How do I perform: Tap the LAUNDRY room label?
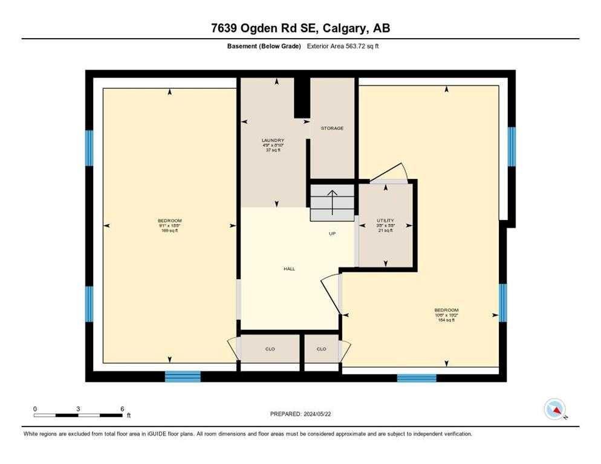point(273,140)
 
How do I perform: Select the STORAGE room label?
point(332,128)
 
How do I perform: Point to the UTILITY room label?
point(385,221)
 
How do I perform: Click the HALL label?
point(290,268)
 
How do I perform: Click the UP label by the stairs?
point(332,234)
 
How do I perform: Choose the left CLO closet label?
point(270,349)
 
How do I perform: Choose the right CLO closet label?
point(321,349)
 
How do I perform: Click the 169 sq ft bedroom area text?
point(169,231)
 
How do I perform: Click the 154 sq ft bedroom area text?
point(445,320)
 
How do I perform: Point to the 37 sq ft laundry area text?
point(273,150)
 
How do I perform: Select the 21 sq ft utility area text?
point(385,231)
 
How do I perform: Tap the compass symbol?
point(554,409)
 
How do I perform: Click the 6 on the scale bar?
point(122,409)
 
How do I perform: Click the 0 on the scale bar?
point(35,409)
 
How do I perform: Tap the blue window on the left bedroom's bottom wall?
point(183,377)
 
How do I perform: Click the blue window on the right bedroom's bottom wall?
point(416,378)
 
